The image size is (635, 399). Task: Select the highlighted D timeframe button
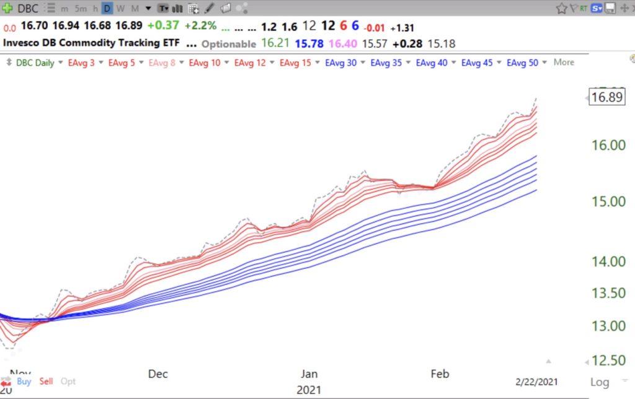click(107, 9)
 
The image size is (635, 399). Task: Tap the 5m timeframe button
click(81, 9)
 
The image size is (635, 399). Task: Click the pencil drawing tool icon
click(209, 9)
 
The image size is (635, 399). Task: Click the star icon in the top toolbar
click(561, 9)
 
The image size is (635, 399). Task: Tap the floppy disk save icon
click(610, 9)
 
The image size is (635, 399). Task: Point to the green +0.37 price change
click(163, 26)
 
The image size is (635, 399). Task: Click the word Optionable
click(228, 44)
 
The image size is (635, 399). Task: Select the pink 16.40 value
click(344, 43)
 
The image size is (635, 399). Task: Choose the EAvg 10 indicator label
click(205, 63)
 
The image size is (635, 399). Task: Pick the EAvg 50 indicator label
click(522, 63)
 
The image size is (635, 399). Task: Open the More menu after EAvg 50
click(564, 63)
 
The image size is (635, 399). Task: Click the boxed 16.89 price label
click(607, 97)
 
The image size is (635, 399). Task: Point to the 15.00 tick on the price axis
click(608, 201)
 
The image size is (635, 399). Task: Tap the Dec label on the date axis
click(158, 374)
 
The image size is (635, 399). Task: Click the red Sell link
click(46, 381)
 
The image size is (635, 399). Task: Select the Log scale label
click(600, 382)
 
